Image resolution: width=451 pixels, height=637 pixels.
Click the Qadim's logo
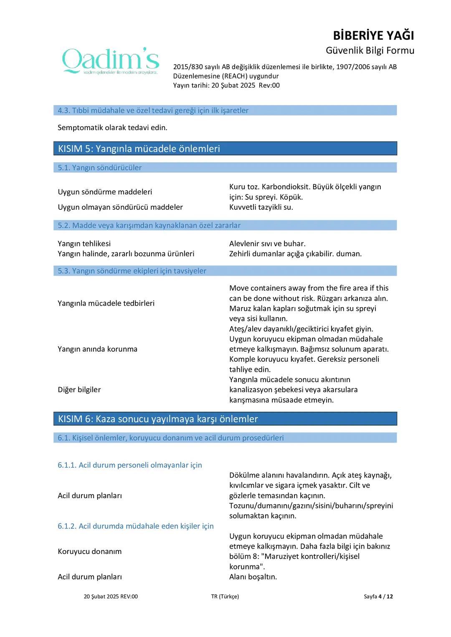pyautogui.click(x=111, y=61)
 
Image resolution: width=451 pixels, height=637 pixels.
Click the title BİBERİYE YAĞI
pyautogui.click(x=373, y=35)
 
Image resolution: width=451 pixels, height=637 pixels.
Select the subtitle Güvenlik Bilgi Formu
pyautogui.click(x=370, y=50)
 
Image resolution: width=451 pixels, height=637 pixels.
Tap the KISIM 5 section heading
pyautogui.click(x=139, y=149)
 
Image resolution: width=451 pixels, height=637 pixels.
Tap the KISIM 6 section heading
pyautogui.click(x=158, y=419)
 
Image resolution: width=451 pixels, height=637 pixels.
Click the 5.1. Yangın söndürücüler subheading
pyautogui.click(x=100, y=168)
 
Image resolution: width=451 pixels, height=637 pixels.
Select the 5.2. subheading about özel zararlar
pyautogui.click(x=149, y=225)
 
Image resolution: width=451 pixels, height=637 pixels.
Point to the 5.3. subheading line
pyautogui.click(x=132, y=271)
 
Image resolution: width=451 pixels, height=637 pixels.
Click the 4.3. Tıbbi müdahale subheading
pyautogui.click(x=153, y=111)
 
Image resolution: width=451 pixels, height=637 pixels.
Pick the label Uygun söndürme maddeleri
pyautogui.click(x=105, y=192)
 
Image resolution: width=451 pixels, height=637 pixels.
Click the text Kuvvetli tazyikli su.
pyautogui.click(x=261, y=207)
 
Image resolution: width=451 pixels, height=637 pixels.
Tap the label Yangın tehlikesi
pyautogui.click(x=84, y=244)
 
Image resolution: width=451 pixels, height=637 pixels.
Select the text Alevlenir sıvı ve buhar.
pyautogui.click(x=267, y=244)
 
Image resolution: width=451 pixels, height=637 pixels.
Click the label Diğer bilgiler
pyautogui.click(x=79, y=390)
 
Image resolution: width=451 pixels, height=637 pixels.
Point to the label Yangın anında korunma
pyautogui.click(x=97, y=349)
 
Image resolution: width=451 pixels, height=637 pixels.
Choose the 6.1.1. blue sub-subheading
pyautogui.click(x=130, y=465)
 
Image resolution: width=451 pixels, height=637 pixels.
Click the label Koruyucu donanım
pyautogui.click(x=90, y=551)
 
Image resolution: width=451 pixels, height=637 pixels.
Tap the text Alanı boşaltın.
pyautogui.click(x=253, y=577)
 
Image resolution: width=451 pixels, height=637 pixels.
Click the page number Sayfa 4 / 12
pyautogui.click(x=378, y=597)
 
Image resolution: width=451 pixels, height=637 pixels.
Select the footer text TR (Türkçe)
pyautogui.click(x=225, y=597)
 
